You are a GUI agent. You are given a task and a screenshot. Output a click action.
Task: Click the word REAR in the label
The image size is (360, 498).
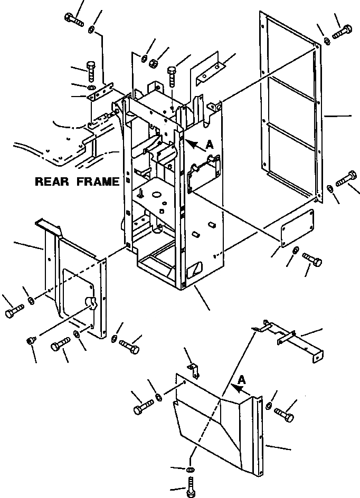pyautogui.click(x=52, y=182)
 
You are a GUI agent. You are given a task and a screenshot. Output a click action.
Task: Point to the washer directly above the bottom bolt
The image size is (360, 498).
pyautogui.click(x=190, y=469)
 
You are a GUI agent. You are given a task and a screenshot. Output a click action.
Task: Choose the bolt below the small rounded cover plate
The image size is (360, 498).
pyautogui.click(x=312, y=259)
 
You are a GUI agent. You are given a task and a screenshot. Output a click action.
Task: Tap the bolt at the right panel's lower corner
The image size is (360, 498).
pyautogui.click(x=346, y=179)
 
